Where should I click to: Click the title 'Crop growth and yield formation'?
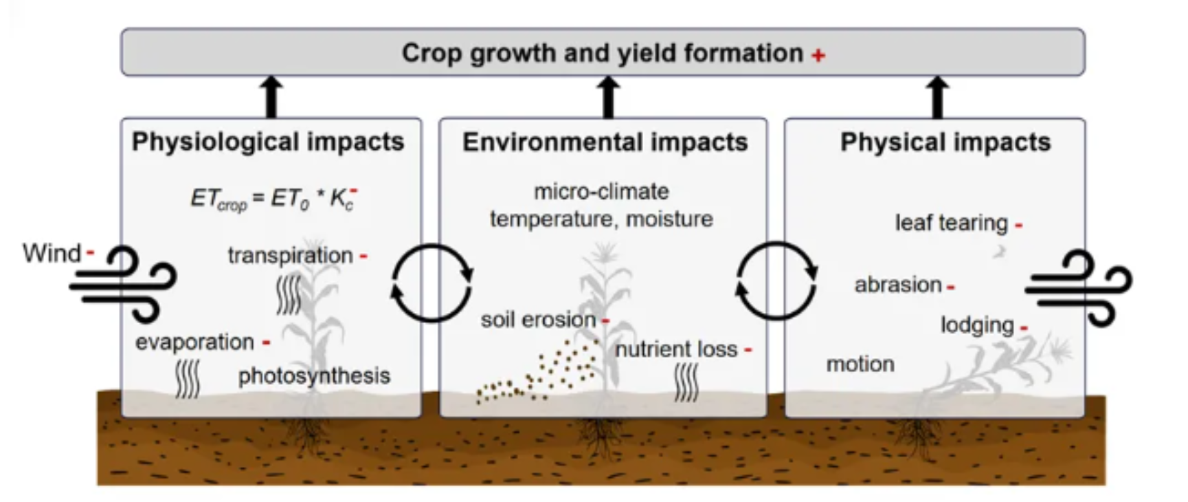pyautogui.click(x=602, y=54)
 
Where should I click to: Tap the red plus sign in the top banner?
pyautogui.click(x=818, y=55)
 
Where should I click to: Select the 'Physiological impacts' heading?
pyautogui.click(x=268, y=142)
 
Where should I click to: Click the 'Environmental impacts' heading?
pyautogui.click(x=605, y=142)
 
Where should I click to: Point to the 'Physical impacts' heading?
pyautogui.click(x=945, y=142)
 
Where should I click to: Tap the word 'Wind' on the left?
pyautogui.click(x=52, y=253)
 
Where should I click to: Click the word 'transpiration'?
pyautogui.click(x=290, y=256)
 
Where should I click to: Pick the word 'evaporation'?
pyautogui.click(x=194, y=342)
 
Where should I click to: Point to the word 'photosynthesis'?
pyautogui.click(x=314, y=376)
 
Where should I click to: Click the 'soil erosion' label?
pyautogui.click(x=538, y=320)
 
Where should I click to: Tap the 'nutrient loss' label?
pyautogui.click(x=676, y=349)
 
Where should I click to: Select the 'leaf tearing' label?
pyautogui.click(x=951, y=223)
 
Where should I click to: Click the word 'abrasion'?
pyautogui.click(x=897, y=285)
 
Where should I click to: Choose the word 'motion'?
pyautogui.click(x=860, y=364)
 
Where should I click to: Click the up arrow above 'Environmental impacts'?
pyautogui.click(x=607, y=96)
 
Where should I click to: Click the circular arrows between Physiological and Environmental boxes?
pyautogui.click(x=432, y=282)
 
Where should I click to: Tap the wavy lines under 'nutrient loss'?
pyautogui.click(x=686, y=383)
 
